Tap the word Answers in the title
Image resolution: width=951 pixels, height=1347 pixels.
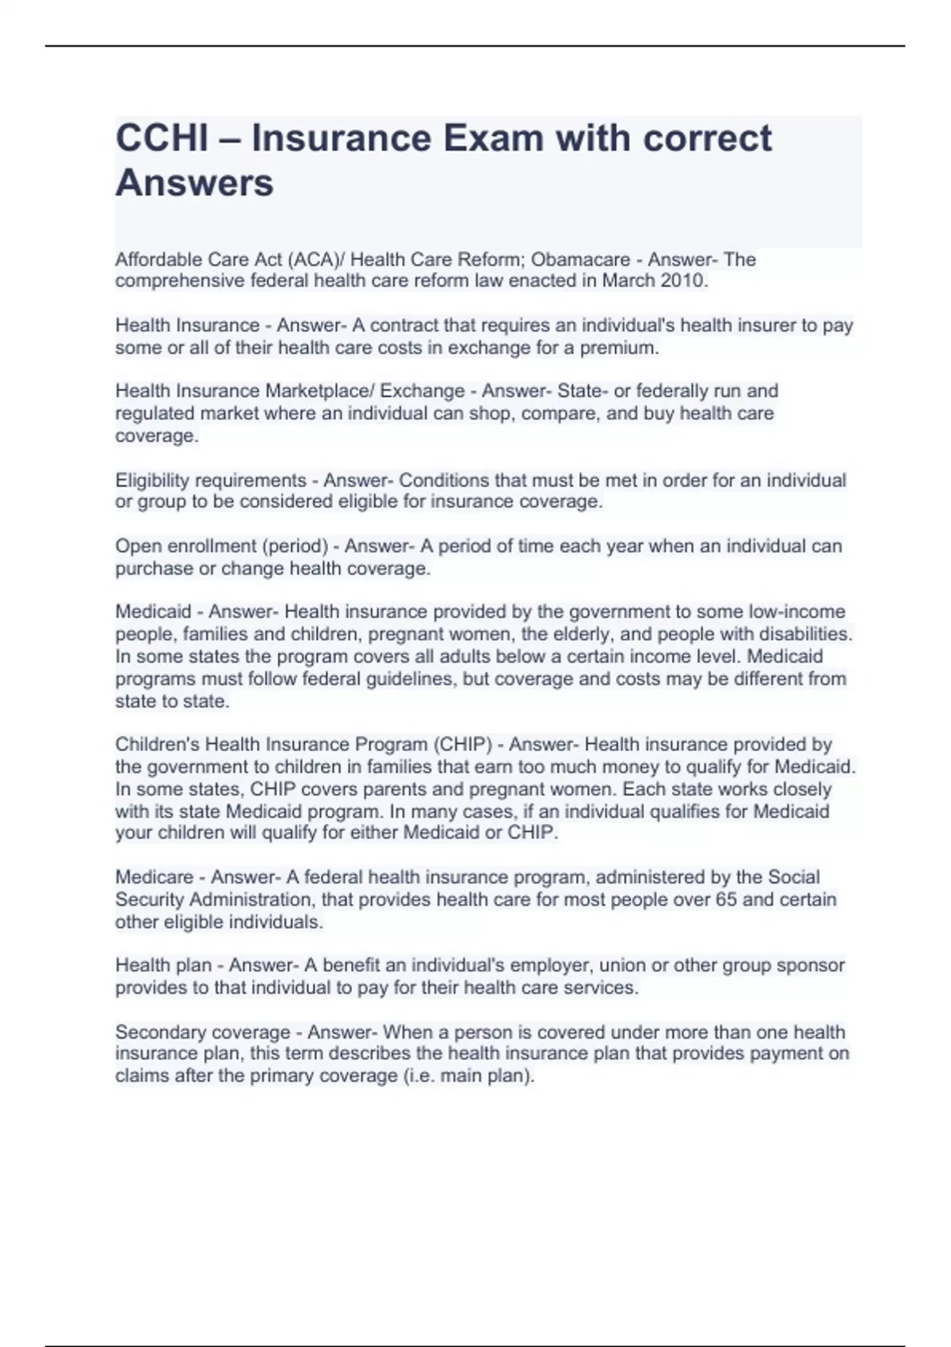tap(194, 183)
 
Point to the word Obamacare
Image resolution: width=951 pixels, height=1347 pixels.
tap(580, 260)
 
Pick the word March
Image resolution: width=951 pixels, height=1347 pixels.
tap(628, 280)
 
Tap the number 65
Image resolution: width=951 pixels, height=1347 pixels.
tap(726, 899)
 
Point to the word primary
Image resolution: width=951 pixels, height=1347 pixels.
tap(281, 1076)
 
